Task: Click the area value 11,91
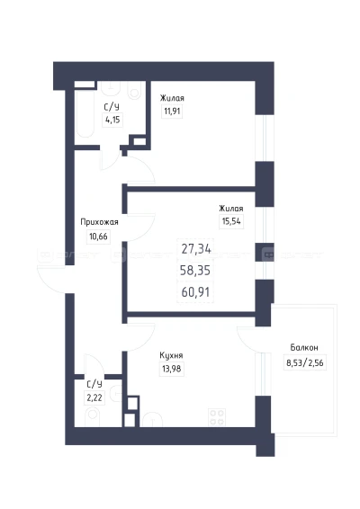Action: tap(172, 112)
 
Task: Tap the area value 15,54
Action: tap(231, 221)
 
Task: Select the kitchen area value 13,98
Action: tap(172, 369)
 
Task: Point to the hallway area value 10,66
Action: tap(98, 236)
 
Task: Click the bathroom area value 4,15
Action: tap(112, 120)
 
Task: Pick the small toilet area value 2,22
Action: tap(94, 397)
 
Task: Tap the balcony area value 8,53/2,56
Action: tap(305, 362)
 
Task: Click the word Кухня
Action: tap(171, 355)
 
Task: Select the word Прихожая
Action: tap(99, 222)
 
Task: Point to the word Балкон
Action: tap(304, 348)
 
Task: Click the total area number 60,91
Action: tap(195, 292)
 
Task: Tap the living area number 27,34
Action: tap(196, 249)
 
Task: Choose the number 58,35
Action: tap(195, 270)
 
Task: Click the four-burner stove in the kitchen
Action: tap(217, 417)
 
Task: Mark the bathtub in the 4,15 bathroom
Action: tap(85, 112)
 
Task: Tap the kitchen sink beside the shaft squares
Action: tap(152, 420)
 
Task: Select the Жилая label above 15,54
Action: tap(231, 209)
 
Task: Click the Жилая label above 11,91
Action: tap(172, 98)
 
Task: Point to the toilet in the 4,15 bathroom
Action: tap(134, 90)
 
